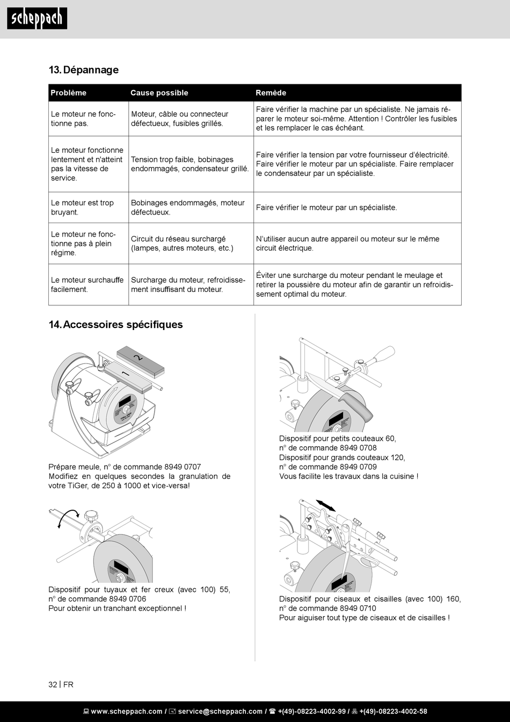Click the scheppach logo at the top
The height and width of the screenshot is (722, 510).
click(37, 19)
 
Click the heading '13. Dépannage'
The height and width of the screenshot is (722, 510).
click(83, 70)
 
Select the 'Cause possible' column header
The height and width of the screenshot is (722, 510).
click(159, 93)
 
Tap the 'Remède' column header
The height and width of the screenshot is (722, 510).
click(271, 93)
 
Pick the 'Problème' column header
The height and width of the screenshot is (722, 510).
click(68, 93)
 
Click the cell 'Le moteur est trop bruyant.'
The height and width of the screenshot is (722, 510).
click(83, 208)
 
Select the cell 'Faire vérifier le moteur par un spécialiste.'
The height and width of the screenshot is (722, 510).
click(326, 208)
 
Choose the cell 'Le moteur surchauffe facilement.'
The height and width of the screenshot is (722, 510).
click(87, 284)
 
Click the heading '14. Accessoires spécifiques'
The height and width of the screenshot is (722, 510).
click(115, 325)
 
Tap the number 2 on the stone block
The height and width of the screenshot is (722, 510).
click(137, 357)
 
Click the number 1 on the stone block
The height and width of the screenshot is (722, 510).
click(125, 373)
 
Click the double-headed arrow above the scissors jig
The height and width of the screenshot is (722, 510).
click(325, 505)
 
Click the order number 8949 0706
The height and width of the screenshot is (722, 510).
click(128, 599)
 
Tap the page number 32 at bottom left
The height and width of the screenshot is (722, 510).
click(53, 684)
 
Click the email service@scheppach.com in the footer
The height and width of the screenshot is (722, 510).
click(220, 711)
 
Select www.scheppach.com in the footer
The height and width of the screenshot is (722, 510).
click(126, 711)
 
